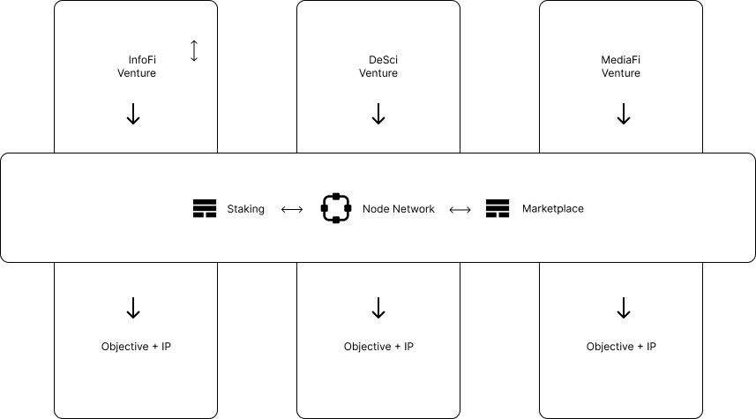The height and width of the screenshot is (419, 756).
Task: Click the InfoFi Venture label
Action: coord(137,67)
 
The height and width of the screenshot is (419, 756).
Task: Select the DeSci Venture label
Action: coord(378,67)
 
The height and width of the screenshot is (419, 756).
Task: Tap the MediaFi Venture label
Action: coord(621,67)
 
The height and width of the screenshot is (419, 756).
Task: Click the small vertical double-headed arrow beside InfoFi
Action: coord(194,51)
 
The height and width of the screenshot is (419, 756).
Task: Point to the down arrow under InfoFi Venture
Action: coord(133,114)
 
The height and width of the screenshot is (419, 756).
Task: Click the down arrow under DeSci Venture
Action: coord(378,114)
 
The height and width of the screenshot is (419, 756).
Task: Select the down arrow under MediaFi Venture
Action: coord(623,114)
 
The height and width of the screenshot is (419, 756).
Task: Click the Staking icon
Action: coord(205,209)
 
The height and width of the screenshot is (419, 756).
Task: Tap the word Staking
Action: coord(245,209)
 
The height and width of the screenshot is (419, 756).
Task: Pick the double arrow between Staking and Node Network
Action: coord(292,210)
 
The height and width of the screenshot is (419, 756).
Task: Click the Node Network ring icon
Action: coord(336,208)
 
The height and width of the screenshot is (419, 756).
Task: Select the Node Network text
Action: coord(398,209)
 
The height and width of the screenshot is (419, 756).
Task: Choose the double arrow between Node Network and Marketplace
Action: coord(460,210)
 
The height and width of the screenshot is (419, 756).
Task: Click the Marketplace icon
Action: coord(498,209)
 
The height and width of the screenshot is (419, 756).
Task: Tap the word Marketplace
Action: coord(552,209)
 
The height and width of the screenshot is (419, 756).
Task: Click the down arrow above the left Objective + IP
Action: coord(133,308)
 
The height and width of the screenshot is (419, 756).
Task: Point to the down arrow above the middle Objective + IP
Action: coord(378,308)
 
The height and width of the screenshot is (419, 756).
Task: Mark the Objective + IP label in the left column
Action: coord(136,347)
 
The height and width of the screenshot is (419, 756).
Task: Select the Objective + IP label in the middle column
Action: coord(378,347)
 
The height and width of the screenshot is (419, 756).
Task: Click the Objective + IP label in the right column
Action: coord(621,347)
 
